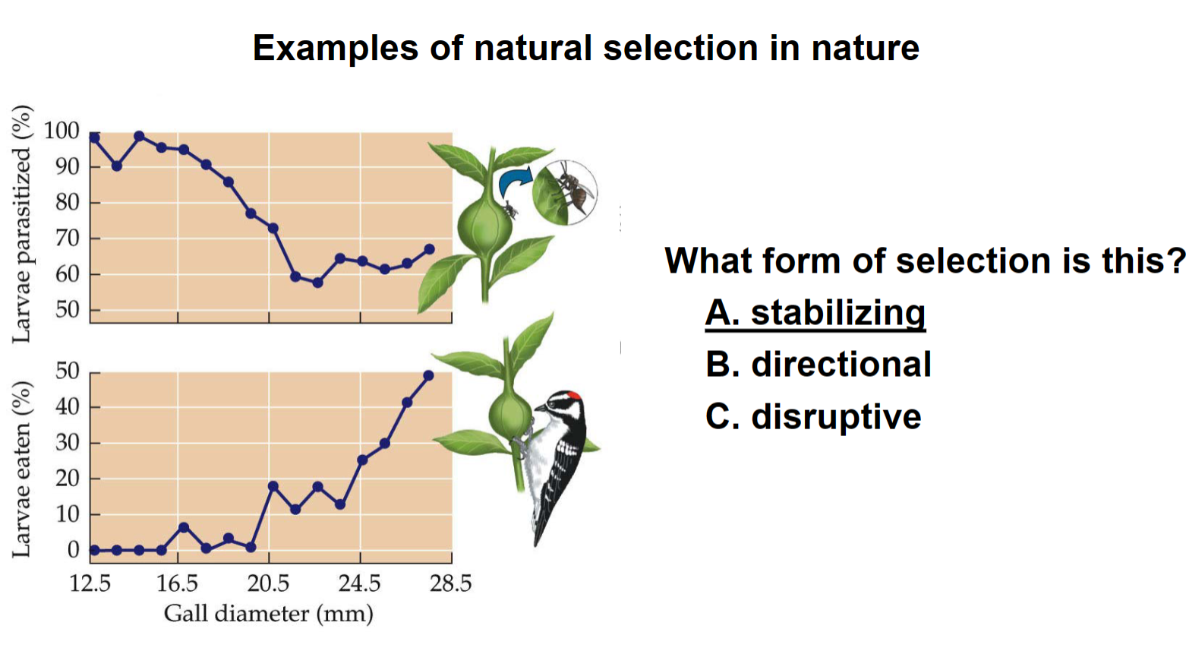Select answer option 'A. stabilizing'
815,313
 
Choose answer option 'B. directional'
818,365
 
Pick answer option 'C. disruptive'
812,417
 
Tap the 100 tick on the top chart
62,131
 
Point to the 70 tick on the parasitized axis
67,239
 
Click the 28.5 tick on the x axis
451,583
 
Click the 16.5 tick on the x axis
177,583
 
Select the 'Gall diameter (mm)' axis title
269,613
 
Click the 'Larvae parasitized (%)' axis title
22,224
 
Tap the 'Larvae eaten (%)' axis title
22,469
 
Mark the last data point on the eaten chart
428,375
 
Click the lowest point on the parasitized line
317,283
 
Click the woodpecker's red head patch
575,396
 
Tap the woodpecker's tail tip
538,542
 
